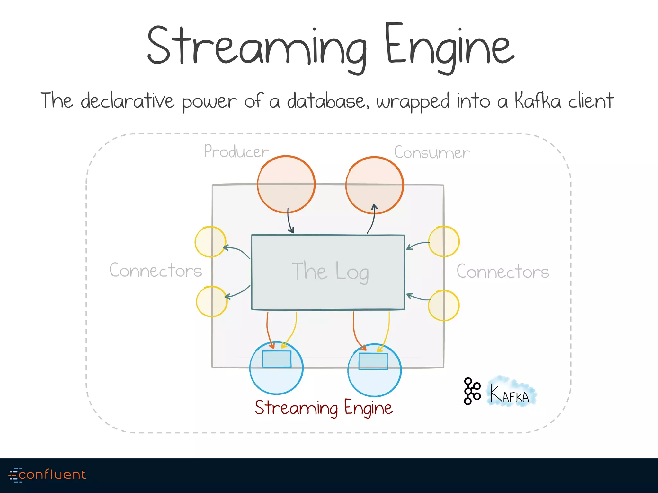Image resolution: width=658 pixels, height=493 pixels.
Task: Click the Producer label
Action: [236, 151]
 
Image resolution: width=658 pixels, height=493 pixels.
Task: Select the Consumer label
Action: [431, 152]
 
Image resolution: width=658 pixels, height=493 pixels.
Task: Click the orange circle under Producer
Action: [286, 184]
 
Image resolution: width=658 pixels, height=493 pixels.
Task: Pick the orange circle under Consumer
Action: [374, 185]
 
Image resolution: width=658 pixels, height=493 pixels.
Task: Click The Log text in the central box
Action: [330, 272]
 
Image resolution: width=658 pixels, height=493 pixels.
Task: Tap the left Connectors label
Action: [156, 270]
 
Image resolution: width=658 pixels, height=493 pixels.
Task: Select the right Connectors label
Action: [502, 272]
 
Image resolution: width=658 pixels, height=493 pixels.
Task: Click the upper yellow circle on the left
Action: [210, 242]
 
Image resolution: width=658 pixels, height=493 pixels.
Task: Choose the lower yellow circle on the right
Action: [444, 305]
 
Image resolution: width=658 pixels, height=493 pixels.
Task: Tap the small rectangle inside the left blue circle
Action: [277, 359]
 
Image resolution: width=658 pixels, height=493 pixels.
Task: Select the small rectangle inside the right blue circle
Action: [373, 361]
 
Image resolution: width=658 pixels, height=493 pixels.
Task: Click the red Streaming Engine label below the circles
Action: [324, 408]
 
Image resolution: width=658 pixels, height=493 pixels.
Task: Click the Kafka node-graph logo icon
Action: [472, 391]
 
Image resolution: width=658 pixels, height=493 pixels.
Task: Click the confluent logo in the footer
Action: [47, 475]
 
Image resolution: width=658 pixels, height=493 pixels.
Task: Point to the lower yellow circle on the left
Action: [212, 301]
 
